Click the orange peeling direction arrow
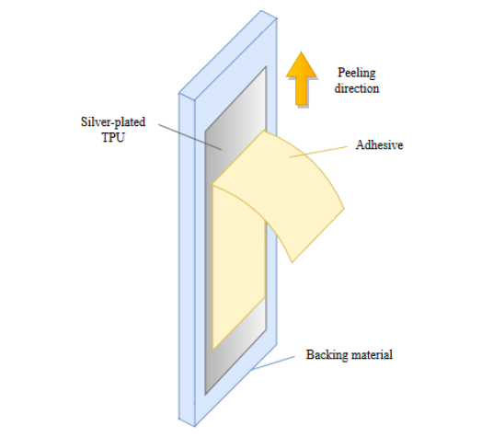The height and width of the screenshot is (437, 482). pos(302,78)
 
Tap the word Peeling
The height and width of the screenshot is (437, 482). pos(357,74)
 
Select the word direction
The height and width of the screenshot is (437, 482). pos(357,88)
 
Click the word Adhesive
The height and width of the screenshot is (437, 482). pos(379,144)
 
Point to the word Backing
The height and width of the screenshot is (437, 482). pos(327,355)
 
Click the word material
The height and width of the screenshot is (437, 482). pos(372,355)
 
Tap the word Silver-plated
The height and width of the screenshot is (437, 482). pos(113,122)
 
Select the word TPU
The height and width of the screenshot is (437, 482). pos(113,137)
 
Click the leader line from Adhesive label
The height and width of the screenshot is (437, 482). pos(318,152)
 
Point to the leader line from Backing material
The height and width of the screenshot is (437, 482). pos(273,362)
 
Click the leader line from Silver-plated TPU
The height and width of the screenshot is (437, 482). pos(190,137)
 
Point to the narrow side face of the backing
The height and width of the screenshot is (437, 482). pos(187,259)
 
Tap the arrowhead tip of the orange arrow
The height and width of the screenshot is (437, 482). pos(302,52)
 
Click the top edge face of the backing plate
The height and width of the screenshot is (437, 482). pos(228,52)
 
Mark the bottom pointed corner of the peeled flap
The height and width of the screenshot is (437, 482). pos(292,262)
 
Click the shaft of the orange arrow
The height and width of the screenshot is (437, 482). pos(302,91)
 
